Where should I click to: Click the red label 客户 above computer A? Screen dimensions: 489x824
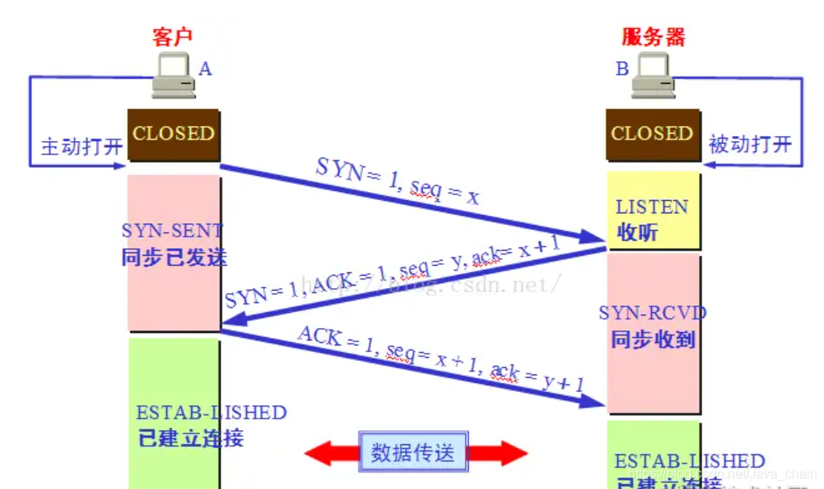point(173,37)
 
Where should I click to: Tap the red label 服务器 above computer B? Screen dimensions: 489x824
point(654,37)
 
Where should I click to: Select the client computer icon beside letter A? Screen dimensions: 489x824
point(173,75)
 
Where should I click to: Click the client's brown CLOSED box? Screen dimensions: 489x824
point(174,134)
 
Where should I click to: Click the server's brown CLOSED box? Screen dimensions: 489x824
point(652,134)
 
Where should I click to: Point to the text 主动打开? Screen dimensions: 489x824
point(81,147)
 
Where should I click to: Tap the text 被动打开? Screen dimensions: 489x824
point(749,144)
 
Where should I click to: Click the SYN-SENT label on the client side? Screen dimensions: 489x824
point(173,231)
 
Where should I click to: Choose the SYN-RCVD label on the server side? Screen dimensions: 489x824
point(653,313)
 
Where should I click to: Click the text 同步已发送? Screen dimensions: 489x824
point(174,257)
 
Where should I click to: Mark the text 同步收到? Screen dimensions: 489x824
point(653,339)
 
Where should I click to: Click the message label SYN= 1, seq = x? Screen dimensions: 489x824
point(397,180)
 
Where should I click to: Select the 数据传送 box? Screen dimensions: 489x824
point(413,452)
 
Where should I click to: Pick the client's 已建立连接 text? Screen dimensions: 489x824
point(191,438)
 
